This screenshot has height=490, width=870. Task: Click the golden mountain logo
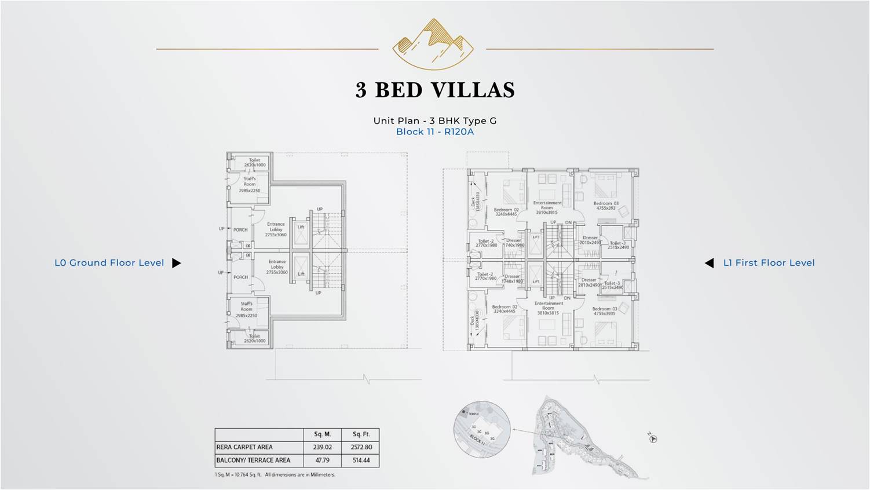[433, 43]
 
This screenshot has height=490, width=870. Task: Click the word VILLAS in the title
[473, 90]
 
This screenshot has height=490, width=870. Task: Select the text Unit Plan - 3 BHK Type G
[434, 120]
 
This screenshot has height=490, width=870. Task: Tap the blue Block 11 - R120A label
[434, 131]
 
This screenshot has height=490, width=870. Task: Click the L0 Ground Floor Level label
[109, 263]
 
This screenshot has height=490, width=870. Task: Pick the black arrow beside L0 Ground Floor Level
[177, 263]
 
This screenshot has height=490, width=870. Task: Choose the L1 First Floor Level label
[769, 263]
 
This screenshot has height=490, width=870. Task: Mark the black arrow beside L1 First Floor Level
[709, 263]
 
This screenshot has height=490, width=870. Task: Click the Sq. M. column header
[323, 434]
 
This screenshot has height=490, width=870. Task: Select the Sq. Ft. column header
[361, 434]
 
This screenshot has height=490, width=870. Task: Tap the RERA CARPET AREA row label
[244, 447]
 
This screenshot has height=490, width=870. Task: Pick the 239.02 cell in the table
[323, 447]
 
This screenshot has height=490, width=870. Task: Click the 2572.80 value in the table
[361, 447]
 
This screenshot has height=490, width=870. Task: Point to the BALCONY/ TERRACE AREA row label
[253, 460]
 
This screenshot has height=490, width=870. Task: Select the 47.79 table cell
[323, 460]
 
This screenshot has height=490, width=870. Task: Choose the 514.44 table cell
[361, 460]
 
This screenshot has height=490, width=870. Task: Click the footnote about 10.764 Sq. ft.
[275, 475]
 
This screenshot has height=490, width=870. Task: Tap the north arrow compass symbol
[653, 438]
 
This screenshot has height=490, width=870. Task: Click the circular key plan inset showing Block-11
[482, 430]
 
